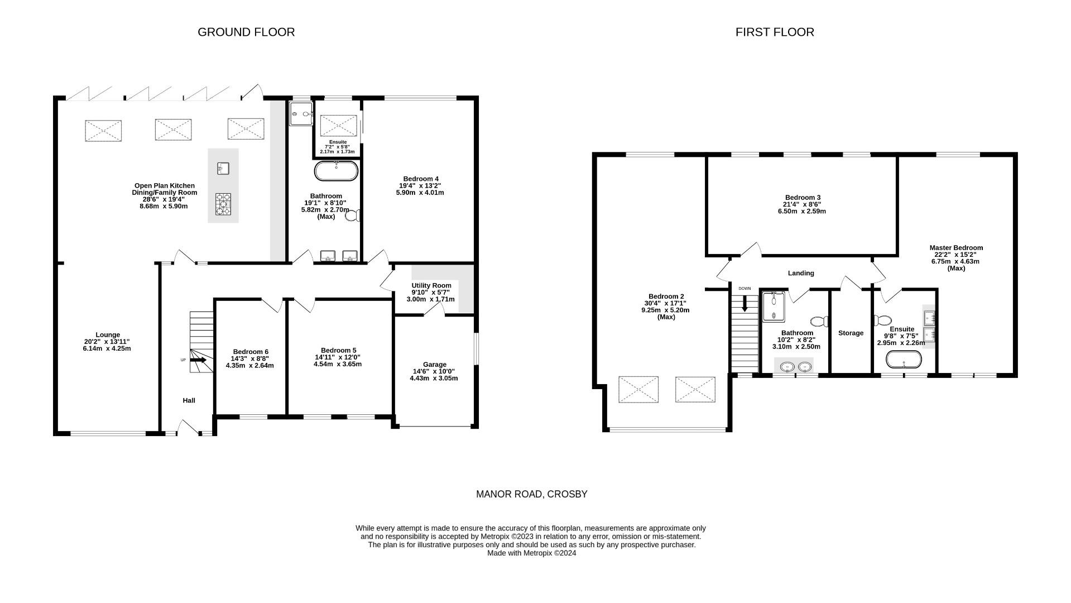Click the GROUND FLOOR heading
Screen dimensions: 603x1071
pyautogui.click(x=246, y=32)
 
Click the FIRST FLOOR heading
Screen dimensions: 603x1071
pyautogui.click(x=774, y=32)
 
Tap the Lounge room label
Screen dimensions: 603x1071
pyautogui.click(x=108, y=335)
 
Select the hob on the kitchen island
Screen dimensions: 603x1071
pyautogui.click(x=223, y=204)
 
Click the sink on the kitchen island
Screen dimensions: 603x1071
pyautogui.click(x=223, y=168)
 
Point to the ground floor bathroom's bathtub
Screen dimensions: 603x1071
pyautogui.click(x=336, y=171)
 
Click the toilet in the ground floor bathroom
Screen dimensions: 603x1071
pyautogui.click(x=353, y=216)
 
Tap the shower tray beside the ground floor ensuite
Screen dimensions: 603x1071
pyautogui.click(x=301, y=114)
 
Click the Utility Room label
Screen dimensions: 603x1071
pyautogui.click(x=431, y=285)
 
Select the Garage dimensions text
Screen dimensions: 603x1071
pyautogui.click(x=434, y=375)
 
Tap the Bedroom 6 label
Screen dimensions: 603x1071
pyautogui.click(x=250, y=352)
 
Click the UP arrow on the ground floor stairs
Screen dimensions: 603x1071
pyautogui.click(x=198, y=360)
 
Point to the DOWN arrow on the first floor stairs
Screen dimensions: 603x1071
pyautogui.click(x=745, y=304)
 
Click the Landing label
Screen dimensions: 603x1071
pyautogui.click(x=800, y=273)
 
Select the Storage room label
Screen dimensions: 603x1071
pyautogui.click(x=851, y=333)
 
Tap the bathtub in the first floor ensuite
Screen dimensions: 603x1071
pyautogui.click(x=904, y=360)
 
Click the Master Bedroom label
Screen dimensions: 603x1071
pyautogui.click(x=955, y=248)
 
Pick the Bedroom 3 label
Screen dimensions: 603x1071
pyautogui.click(x=802, y=198)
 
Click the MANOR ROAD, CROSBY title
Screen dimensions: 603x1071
pyautogui.click(x=531, y=494)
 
